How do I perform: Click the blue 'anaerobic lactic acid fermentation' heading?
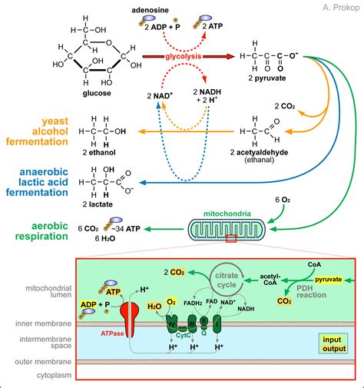39,185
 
